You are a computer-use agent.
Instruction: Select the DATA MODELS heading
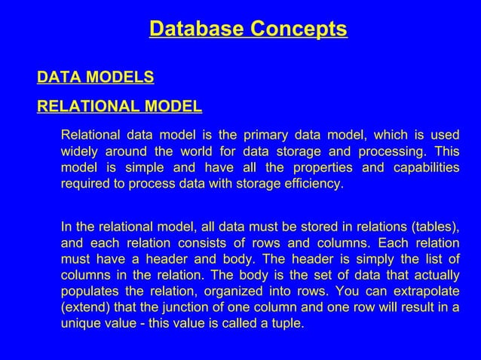[96, 77]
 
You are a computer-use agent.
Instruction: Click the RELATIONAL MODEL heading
[119, 105]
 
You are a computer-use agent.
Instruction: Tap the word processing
[393, 151]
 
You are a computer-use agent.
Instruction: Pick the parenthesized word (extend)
[85, 308]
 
